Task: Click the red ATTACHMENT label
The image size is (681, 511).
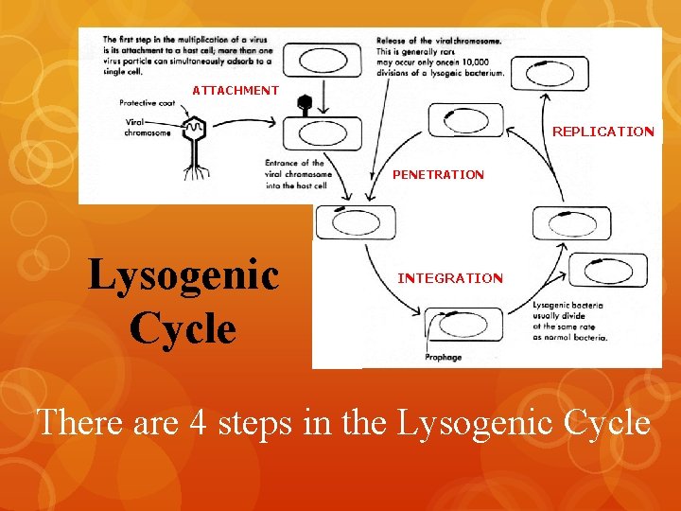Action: coord(236,91)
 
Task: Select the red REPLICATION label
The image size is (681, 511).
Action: coord(602,132)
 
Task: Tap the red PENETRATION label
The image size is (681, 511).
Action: coord(438,175)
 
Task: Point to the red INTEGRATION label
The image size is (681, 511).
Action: coord(450,278)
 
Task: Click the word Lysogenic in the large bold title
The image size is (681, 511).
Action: coord(183,276)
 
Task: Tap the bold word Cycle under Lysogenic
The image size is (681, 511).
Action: coord(183,328)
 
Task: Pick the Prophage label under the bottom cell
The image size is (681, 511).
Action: coord(443,358)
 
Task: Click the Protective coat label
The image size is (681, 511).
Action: coord(148,102)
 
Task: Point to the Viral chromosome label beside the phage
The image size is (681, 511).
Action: coord(147,128)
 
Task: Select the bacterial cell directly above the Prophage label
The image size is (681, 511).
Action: coord(463,324)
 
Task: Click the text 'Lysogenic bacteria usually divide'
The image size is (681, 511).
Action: coord(567,310)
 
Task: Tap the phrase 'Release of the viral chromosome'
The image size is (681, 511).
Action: coord(439,41)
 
